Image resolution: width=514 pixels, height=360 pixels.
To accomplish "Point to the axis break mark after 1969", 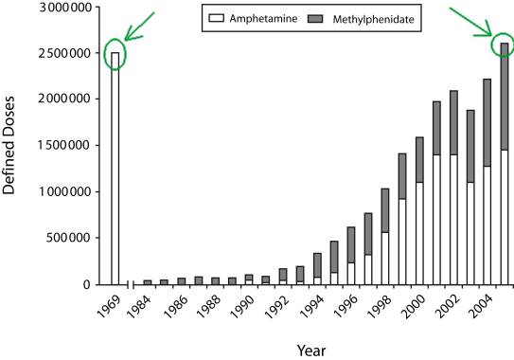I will point(130,284).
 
